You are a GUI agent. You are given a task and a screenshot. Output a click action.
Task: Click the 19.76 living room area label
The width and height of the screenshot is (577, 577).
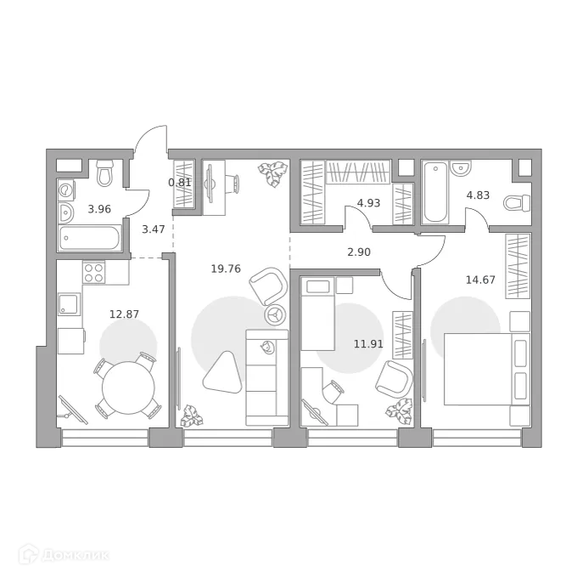[226, 269]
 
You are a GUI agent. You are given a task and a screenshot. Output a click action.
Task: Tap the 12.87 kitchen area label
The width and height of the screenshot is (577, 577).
[124, 314]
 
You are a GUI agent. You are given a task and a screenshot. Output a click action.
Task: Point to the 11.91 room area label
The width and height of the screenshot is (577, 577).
[367, 345]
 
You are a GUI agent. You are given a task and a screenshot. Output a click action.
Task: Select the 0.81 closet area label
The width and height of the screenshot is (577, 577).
[179, 181]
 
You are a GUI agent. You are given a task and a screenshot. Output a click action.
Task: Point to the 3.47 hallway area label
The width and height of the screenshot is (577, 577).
[154, 228]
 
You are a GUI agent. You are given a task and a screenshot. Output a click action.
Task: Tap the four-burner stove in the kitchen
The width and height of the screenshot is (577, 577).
[93, 273]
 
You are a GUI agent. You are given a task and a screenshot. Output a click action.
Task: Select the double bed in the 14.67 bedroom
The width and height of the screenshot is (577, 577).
[480, 370]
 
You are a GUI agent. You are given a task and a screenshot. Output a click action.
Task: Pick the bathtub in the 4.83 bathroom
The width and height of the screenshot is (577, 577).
[434, 191]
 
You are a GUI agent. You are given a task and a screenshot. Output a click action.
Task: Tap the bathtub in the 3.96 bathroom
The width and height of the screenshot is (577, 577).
[91, 237]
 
